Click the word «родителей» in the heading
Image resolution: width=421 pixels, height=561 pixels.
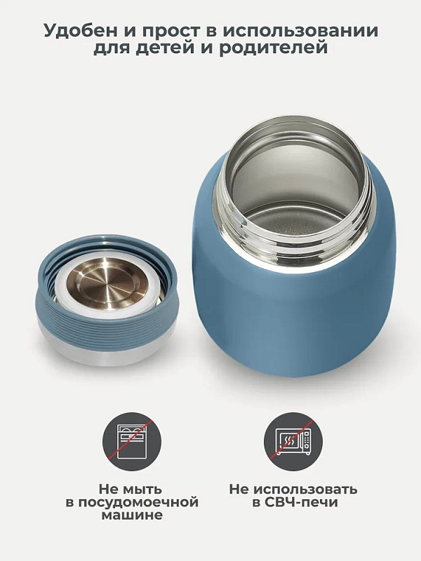tap(274, 48)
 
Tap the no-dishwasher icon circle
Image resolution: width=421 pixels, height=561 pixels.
tap(132, 442)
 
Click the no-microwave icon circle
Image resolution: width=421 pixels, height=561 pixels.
tap(293, 442)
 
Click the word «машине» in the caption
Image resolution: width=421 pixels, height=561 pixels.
tap(132, 515)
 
